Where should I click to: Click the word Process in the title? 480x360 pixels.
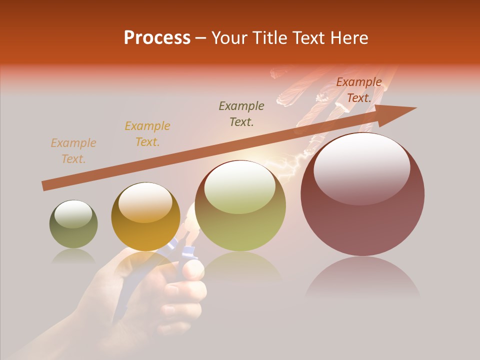(x=157, y=38)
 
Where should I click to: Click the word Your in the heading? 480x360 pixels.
(x=229, y=38)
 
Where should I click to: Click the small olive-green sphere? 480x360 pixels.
(x=73, y=224)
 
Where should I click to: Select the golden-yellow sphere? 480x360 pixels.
(x=145, y=217)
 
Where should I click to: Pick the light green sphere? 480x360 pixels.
(x=240, y=206)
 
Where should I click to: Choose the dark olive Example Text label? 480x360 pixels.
(x=241, y=114)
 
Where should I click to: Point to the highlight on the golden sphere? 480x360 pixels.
(x=145, y=202)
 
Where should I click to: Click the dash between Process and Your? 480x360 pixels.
(x=201, y=38)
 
